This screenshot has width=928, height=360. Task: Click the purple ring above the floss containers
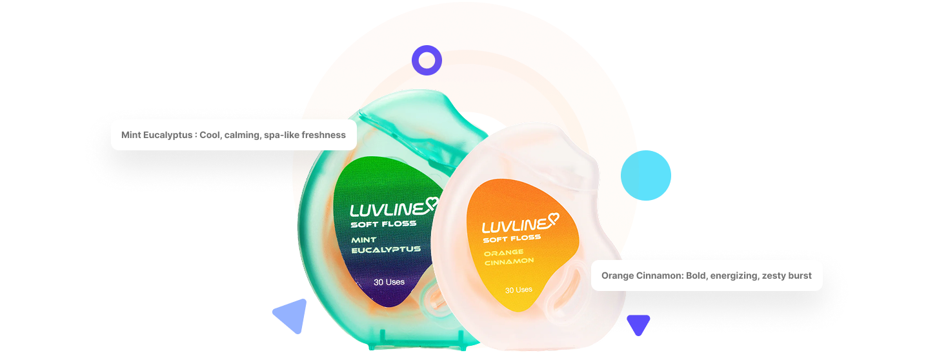click(427, 61)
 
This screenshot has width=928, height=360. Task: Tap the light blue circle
click(645, 175)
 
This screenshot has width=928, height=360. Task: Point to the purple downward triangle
click(638, 323)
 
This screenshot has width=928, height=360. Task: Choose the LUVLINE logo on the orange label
click(513, 226)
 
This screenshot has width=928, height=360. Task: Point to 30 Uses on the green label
click(389, 282)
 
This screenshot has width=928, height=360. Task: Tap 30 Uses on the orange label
click(519, 290)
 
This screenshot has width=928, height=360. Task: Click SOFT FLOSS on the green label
click(383, 225)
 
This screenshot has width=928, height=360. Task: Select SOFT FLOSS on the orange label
click(512, 239)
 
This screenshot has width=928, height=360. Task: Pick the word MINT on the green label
click(364, 240)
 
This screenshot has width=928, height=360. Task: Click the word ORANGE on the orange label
click(504, 252)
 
